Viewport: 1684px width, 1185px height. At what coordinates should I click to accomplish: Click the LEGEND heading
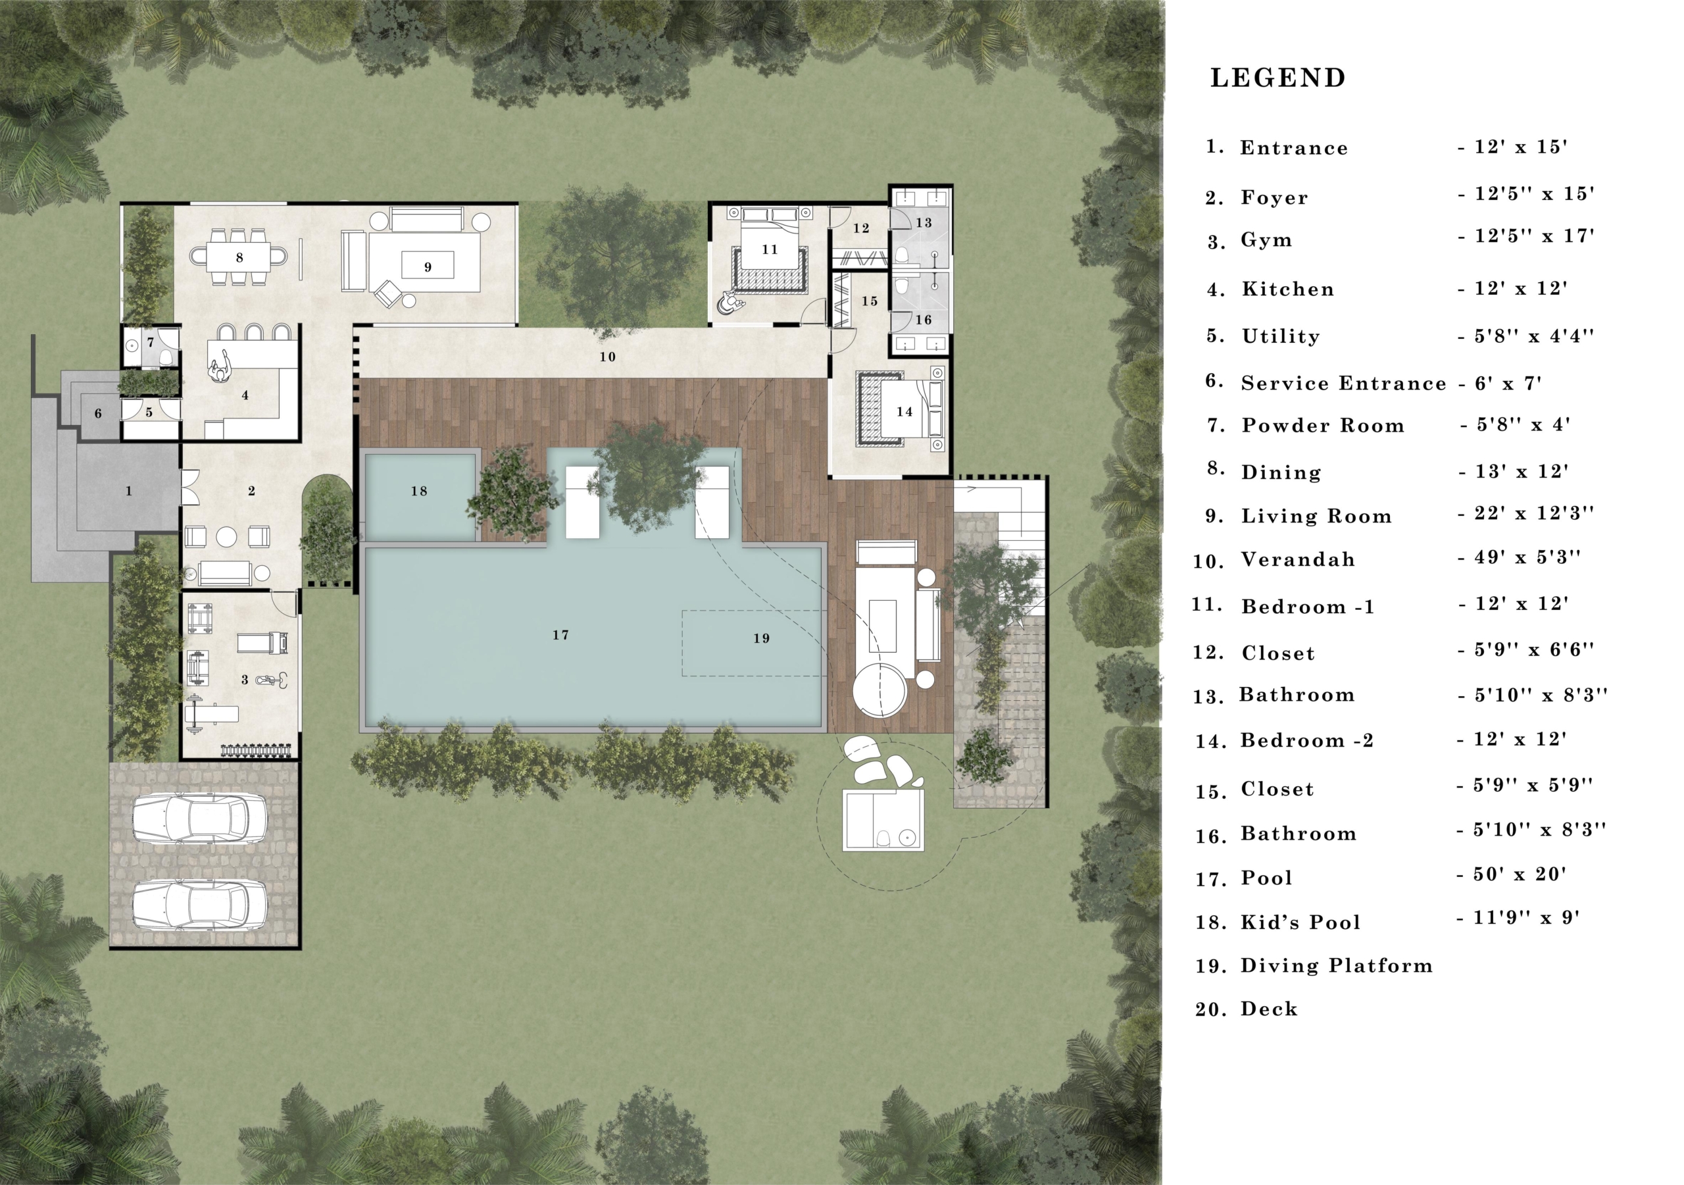[x=1277, y=78]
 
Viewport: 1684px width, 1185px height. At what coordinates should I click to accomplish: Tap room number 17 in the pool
[x=560, y=636]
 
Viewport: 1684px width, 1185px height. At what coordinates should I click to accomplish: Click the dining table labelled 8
[x=239, y=257]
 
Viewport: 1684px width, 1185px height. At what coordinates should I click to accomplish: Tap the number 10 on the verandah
[x=607, y=357]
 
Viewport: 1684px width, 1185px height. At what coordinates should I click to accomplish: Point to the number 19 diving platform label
[x=761, y=638]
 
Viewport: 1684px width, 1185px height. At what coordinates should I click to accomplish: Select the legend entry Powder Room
[x=1322, y=426]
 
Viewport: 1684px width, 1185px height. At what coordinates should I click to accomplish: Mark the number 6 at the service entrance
[x=98, y=414]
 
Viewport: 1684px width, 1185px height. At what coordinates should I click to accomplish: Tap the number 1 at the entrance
[x=128, y=491]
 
